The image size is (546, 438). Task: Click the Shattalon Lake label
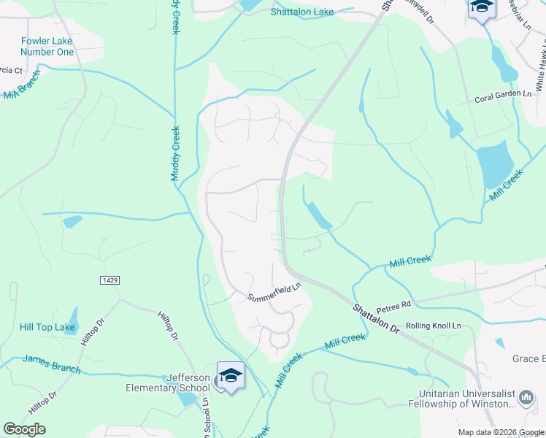point(301,12)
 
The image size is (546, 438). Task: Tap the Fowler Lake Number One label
point(47,47)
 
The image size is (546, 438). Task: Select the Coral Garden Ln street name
point(504,94)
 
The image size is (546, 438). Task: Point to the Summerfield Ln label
point(274,293)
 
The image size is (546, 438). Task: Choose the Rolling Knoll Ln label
point(434,326)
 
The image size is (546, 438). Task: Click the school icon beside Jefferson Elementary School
point(231,376)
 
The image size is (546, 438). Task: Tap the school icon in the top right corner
point(481,8)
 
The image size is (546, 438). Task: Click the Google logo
point(24,429)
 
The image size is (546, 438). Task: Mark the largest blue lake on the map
point(493,164)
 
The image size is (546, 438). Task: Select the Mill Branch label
point(20,91)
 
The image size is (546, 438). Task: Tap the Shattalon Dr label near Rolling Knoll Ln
point(376,320)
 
